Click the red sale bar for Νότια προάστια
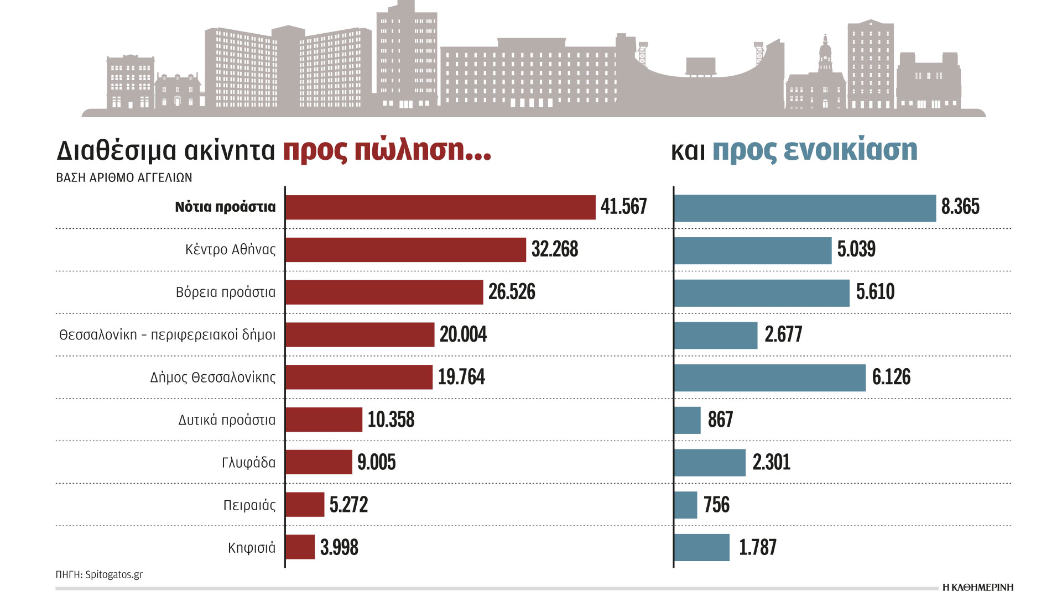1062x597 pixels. coord(440,207)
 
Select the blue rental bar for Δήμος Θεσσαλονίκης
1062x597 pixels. coord(769,378)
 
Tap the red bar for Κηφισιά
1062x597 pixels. coord(300,547)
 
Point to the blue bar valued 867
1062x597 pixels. coord(688,420)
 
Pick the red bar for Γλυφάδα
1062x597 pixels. coord(319,462)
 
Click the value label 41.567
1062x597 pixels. coord(623,207)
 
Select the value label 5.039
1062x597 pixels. coord(856,249)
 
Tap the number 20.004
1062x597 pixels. coord(463,334)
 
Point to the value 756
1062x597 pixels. coord(716,505)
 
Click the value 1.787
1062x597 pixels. coord(758,547)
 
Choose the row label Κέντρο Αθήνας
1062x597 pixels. coord(230,250)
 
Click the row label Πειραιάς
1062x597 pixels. coord(249,505)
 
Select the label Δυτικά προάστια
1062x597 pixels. coord(227,420)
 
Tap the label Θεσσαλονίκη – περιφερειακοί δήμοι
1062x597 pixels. coord(167,335)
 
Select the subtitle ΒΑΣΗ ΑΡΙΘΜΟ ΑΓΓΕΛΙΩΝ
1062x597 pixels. coord(124,178)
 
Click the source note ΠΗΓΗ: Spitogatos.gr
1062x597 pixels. coord(99,574)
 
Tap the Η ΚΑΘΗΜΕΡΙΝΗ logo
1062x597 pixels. coord(977,587)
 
